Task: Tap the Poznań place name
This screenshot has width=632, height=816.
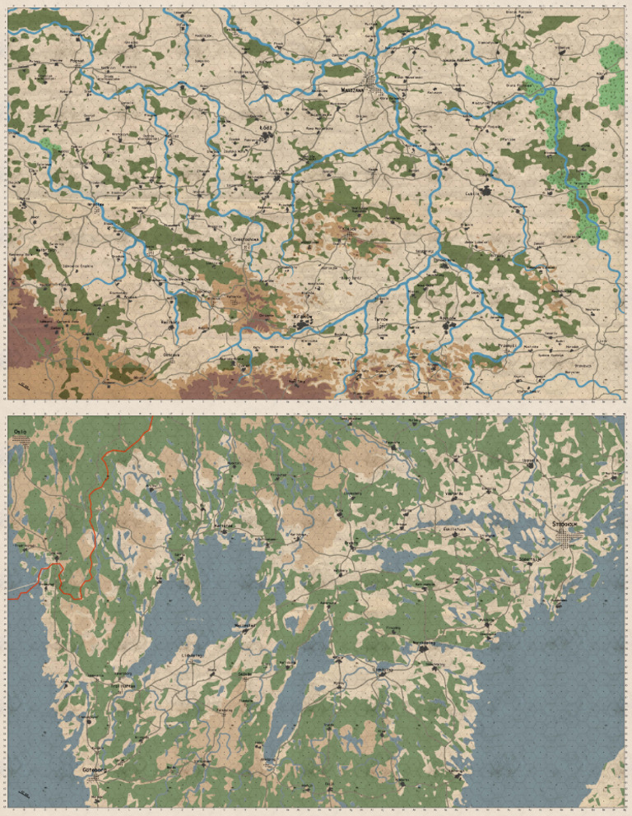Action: point(79,61)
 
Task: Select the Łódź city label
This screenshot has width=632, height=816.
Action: point(265,129)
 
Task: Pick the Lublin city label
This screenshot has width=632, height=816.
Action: point(473,196)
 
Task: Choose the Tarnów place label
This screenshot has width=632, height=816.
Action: point(381,317)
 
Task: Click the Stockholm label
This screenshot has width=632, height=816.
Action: point(568,523)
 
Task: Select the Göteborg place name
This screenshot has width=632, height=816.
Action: point(95,770)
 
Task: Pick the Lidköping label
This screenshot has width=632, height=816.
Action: point(194,656)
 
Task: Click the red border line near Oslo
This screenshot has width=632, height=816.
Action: point(97,510)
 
